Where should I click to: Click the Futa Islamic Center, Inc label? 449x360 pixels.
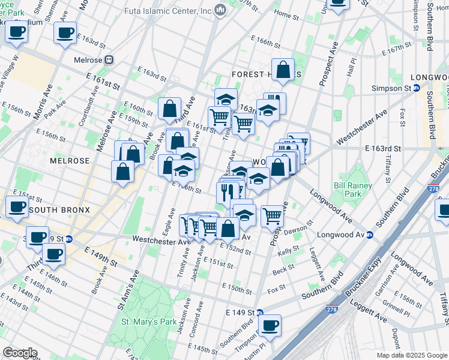(x=168, y=11)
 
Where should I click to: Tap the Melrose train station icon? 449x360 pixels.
(x=109, y=59)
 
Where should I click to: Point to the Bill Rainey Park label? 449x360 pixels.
(x=348, y=190)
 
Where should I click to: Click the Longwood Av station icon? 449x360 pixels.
(x=370, y=235)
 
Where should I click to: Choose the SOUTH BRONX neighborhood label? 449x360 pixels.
(x=59, y=210)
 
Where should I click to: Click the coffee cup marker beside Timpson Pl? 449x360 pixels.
(x=270, y=325)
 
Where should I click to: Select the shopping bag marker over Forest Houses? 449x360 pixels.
(x=282, y=70)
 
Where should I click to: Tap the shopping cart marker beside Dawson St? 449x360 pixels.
(x=273, y=215)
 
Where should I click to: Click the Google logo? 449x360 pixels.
(x=19, y=353)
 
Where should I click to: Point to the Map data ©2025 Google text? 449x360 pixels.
(x=412, y=355)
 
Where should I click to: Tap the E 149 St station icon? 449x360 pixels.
(x=260, y=313)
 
